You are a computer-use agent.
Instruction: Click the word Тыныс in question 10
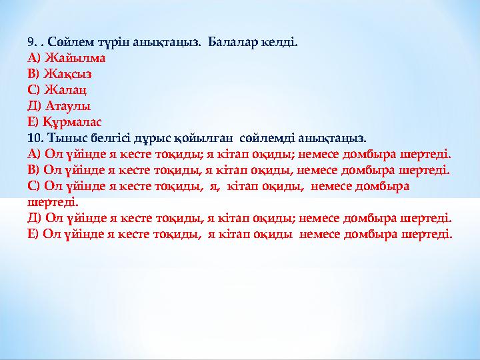tap(67, 138)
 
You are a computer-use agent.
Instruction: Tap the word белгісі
tap(112, 138)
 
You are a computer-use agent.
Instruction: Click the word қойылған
tap(205, 138)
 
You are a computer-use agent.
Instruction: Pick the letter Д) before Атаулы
tap(35, 105)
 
